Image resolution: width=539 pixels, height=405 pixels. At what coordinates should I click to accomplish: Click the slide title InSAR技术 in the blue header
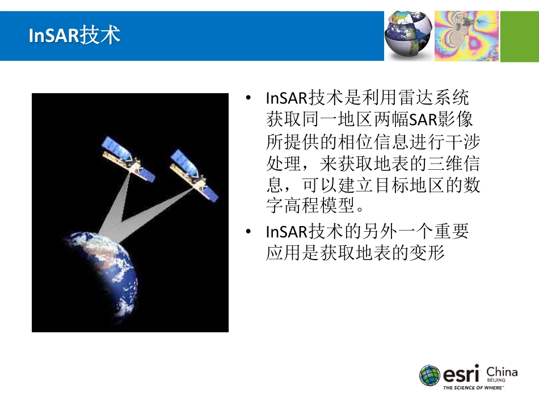74,36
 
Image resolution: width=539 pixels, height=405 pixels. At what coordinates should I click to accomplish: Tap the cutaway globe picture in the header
409,36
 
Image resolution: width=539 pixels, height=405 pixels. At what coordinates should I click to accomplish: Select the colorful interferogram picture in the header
466,36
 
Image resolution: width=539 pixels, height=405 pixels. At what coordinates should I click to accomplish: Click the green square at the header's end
519,36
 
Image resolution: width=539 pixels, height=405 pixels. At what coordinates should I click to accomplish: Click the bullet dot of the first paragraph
247,98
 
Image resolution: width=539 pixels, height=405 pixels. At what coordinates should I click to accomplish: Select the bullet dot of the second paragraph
247,232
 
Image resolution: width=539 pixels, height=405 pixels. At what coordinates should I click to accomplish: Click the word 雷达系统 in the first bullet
435,98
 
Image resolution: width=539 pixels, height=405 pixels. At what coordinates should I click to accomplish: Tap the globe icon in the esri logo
430,375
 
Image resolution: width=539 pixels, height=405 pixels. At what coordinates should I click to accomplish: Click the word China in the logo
502,373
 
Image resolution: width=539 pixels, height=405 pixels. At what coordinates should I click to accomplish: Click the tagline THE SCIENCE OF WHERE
473,389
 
